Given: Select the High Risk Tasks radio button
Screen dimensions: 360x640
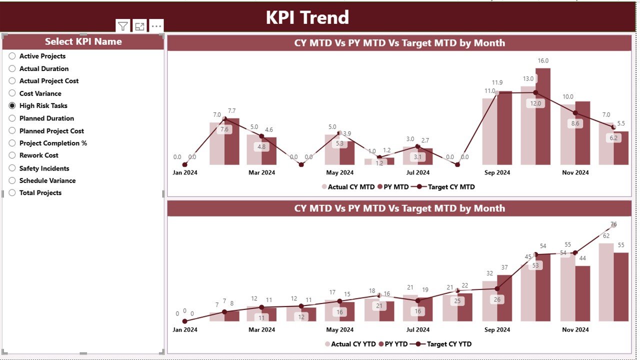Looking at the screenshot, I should [12, 105].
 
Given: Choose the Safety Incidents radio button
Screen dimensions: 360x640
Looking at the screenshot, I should [12, 168].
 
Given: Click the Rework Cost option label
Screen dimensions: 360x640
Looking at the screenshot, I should [38, 155].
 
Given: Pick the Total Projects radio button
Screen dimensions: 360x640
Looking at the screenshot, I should [12, 193].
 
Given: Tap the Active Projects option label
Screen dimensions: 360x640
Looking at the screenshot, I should [42, 56].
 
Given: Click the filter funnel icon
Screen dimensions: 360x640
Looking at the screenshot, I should [122, 26].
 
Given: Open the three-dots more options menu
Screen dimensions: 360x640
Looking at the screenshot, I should [156, 26].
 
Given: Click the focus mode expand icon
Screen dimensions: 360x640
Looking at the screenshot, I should [139, 26].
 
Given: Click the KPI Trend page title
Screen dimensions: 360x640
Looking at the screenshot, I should [307, 17].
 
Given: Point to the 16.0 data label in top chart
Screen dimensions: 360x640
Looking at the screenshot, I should [543, 61].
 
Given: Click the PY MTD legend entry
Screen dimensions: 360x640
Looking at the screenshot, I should [393, 187].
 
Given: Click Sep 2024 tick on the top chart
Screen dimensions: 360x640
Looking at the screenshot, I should [497, 172].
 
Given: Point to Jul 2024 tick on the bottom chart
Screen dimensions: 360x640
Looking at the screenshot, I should [417, 329].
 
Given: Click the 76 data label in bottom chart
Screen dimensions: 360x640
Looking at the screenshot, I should [613, 224].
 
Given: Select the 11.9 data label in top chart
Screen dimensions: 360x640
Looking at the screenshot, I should [497, 82].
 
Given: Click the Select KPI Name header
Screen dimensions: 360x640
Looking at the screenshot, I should [83, 42].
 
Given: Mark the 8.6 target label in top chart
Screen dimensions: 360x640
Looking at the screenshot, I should [575, 123].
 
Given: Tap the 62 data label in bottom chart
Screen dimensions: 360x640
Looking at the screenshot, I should [606, 236].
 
